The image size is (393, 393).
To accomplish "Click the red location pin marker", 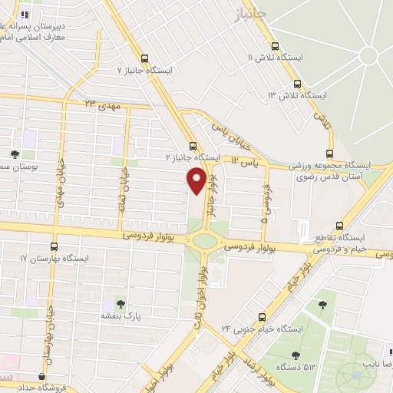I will pos(197,180).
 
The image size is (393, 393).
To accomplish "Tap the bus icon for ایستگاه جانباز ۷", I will pos(145,58).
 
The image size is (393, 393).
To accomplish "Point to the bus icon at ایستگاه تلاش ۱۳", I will pos(297,84).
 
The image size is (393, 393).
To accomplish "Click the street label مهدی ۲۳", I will pos(100,103).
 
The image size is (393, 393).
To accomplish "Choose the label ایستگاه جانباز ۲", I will pos(193,157).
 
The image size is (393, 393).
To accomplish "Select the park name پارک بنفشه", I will pos(119,315).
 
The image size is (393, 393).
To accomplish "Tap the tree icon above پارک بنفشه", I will pos(119,302).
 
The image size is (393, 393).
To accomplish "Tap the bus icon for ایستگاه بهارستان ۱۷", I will pos(54,247).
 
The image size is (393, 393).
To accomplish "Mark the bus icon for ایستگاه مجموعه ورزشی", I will pos(329,153).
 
